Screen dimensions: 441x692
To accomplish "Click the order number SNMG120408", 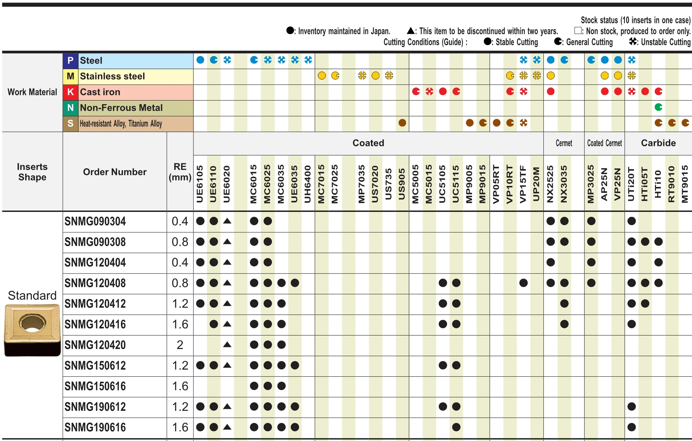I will coord(95,283).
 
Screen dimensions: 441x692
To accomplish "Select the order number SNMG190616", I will coord(95,427).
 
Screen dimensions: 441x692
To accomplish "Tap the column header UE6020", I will coord(227,184).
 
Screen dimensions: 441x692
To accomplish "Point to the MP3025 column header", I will coord(591,184).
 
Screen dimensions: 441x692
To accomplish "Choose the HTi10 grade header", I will coord(658,184).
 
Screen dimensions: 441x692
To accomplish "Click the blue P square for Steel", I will coord(70,61).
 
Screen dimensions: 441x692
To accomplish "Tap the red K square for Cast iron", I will coord(70,92).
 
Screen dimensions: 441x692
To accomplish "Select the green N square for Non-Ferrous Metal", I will coord(70,108).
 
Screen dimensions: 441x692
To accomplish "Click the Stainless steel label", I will coord(112,76).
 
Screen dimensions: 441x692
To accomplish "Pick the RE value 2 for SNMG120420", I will coord(180,345).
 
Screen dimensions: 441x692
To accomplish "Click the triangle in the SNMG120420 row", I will coord(227,345).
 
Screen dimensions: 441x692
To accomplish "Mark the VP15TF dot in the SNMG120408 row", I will coord(524,283).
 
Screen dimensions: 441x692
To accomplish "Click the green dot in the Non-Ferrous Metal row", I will coord(658,107).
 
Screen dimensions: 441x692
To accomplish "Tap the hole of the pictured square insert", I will coord(32,323).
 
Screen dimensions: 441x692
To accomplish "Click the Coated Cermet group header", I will coord(604,143).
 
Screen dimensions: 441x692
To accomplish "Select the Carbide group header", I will coord(658,143).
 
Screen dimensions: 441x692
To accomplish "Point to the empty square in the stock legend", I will coord(578,31).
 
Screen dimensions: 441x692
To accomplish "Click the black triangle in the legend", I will coord(411,31).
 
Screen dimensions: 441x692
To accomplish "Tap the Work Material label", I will coord(32,92).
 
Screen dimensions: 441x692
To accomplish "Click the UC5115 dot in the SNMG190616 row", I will coord(456,427).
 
